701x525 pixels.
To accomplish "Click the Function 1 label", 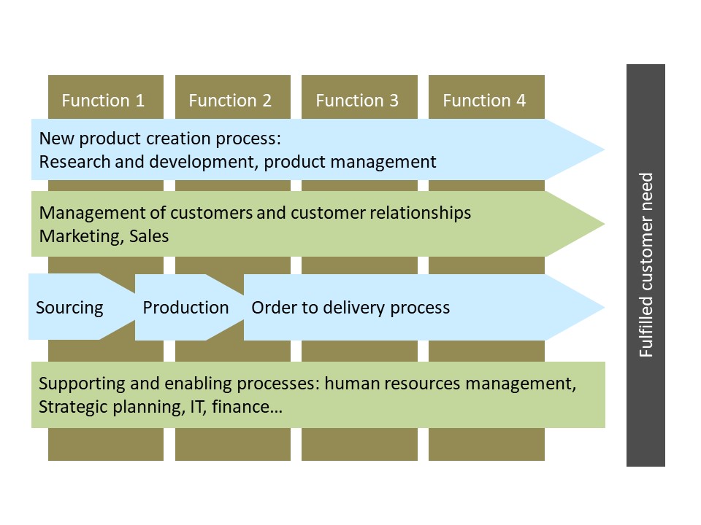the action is tap(103, 101).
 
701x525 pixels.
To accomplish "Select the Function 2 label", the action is tap(230, 101).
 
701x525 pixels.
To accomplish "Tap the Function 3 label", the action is tap(357, 101).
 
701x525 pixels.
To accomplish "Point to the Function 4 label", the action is tap(484, 101).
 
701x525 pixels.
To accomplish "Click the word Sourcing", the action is tap(70, 308).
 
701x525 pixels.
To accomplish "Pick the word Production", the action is tap(185, 308).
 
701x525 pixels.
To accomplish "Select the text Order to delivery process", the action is tap(350, 308).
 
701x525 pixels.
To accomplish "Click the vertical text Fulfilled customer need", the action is tap(646, 265).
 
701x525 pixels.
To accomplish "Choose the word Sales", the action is tap(149, 236).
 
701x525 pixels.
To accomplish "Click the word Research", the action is tap(74, 162).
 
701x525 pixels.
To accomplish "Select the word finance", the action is tap(247, 407).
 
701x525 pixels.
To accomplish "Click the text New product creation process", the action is tap(160, 139).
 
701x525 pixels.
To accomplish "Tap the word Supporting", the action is tap(82, 384).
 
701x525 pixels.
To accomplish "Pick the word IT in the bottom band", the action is tap(198, 407).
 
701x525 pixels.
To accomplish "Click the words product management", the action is tap(350, 162).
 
